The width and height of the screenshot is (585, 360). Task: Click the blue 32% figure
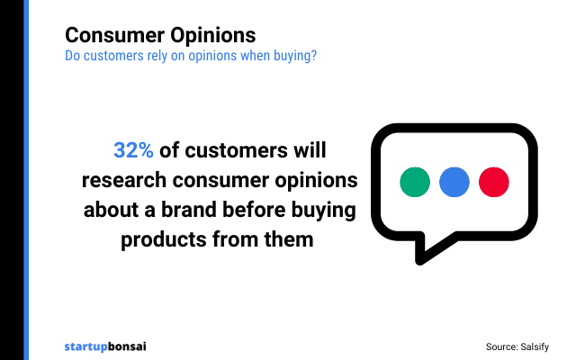133,150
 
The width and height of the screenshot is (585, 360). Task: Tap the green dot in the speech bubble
415,181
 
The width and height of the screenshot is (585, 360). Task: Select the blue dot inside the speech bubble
454,181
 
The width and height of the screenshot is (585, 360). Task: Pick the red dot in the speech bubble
494,181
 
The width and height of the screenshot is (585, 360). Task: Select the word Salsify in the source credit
544,346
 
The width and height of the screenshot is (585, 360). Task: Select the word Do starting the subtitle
73,56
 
